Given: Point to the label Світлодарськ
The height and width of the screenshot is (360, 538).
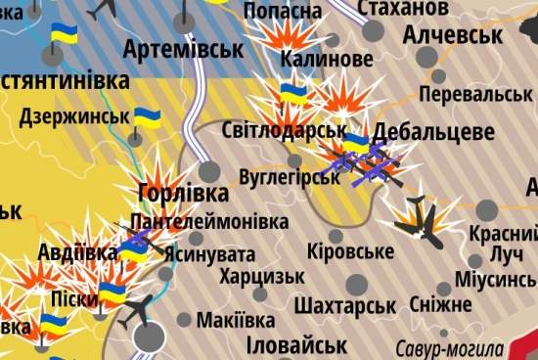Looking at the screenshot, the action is tap(285, 130).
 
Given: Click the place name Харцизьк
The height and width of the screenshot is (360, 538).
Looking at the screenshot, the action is tap(261, 276).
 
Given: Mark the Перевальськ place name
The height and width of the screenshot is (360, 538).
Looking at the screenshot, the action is tap(474, 94).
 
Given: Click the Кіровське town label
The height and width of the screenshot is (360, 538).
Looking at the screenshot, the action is tap(350, 251).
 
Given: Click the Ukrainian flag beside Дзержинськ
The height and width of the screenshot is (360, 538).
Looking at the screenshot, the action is tap(147, 119).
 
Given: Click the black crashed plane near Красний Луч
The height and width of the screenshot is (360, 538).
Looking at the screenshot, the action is tap(420, 220).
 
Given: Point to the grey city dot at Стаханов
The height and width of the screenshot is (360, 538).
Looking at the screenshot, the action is tap(372, 30).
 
